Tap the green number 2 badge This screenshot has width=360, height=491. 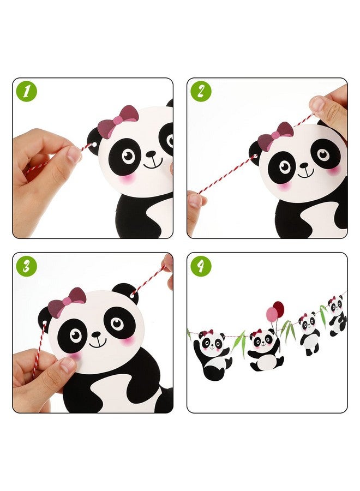coord(201,92)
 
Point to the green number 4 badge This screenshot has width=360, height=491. coord(201,266)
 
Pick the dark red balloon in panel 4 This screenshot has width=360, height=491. coord(279,309)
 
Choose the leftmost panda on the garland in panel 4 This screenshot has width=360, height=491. coord(211,355)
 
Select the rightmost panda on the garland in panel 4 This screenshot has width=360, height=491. coord(337,315)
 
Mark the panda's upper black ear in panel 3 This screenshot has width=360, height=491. coord(126,292)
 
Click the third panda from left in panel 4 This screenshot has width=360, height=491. coord(309,333)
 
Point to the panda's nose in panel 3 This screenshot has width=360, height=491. coord(97,333)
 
